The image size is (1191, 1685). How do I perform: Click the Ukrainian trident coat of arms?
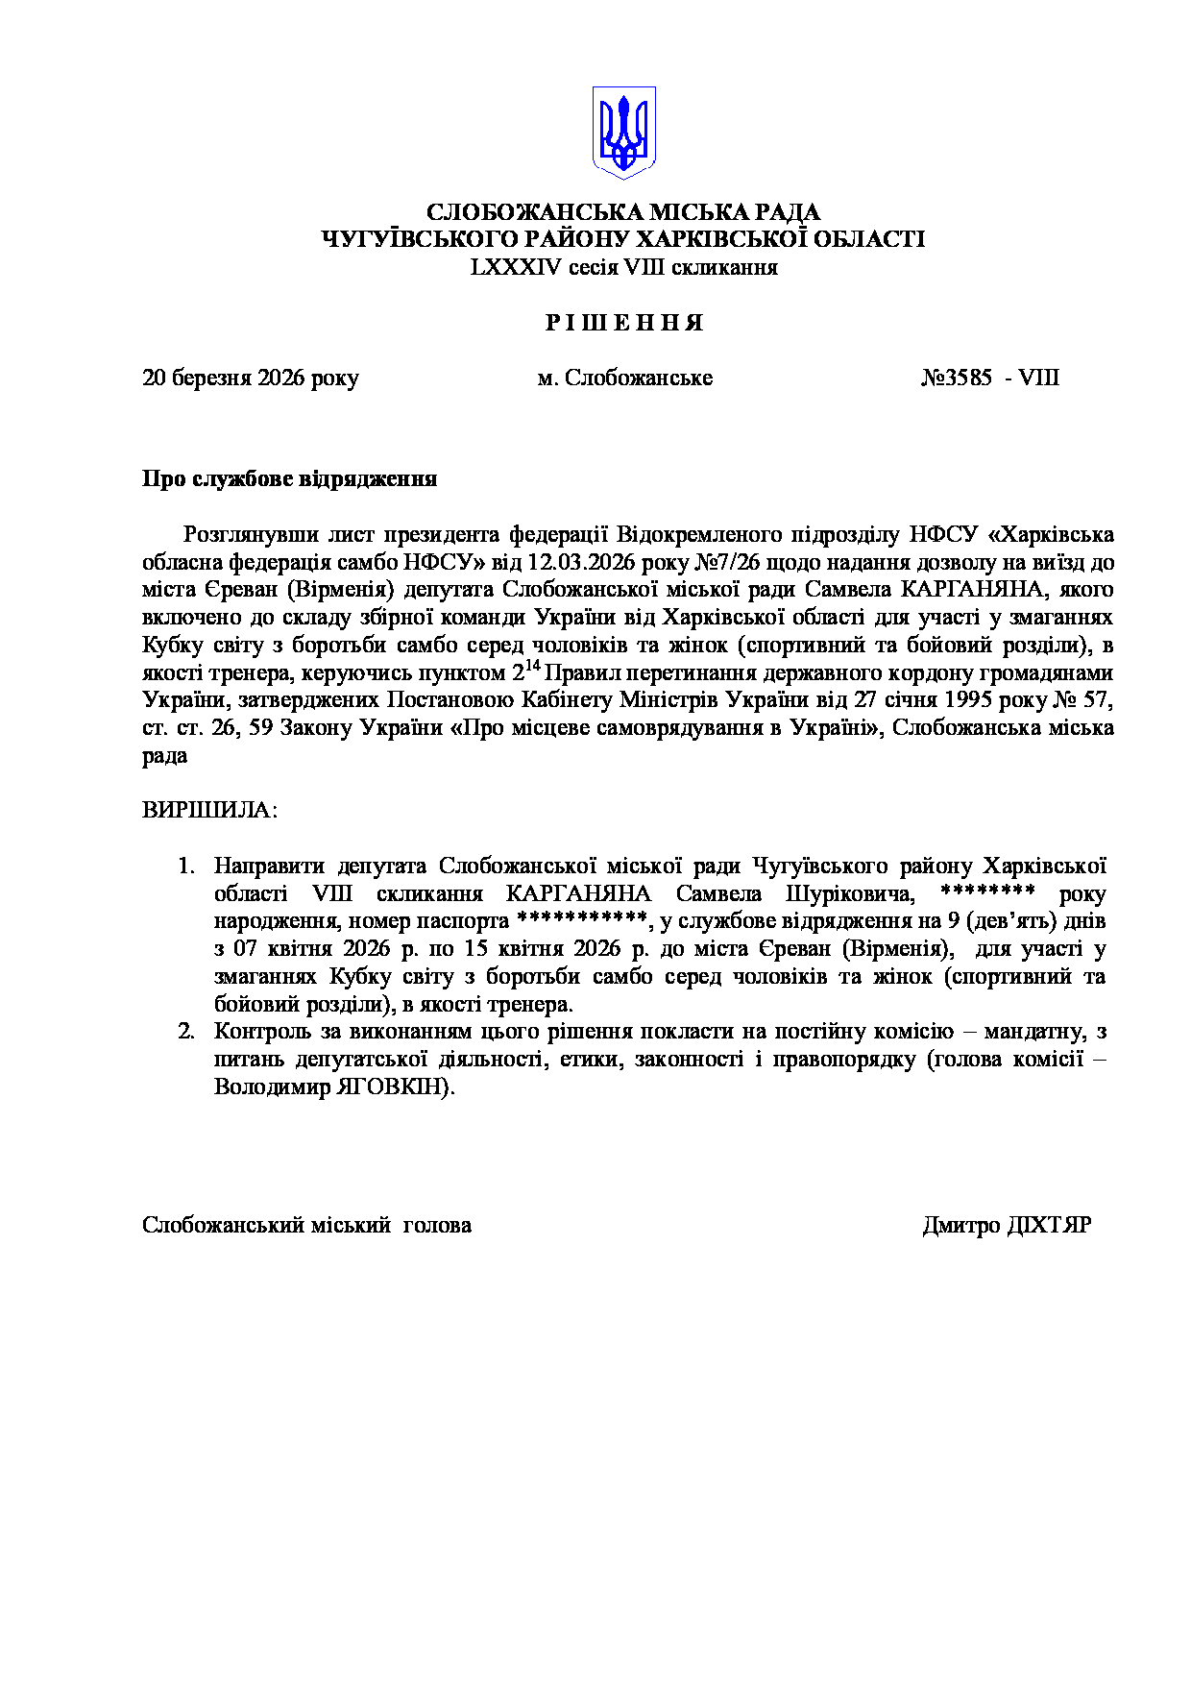point(623,133)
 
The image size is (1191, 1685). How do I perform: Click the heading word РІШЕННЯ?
point(624,324)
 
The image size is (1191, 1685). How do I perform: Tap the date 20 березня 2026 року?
point(250,379)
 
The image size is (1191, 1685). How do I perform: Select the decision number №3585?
point(957,379)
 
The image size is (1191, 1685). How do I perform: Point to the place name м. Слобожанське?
point(624,379)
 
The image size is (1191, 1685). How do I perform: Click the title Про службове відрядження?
point(289,479)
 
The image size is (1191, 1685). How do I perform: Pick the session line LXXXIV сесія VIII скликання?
point(623,268)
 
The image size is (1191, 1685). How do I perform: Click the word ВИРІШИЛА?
point(208,810)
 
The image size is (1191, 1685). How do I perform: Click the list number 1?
point(185,867)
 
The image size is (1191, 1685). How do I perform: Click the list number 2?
point(185,1033)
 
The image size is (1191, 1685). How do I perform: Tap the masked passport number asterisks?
point(582,919)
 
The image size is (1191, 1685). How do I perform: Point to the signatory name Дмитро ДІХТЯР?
point(1006,1226)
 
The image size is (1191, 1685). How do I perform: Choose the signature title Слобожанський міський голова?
point(306,1226)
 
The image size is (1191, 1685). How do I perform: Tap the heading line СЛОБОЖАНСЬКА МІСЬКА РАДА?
point(623,212)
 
